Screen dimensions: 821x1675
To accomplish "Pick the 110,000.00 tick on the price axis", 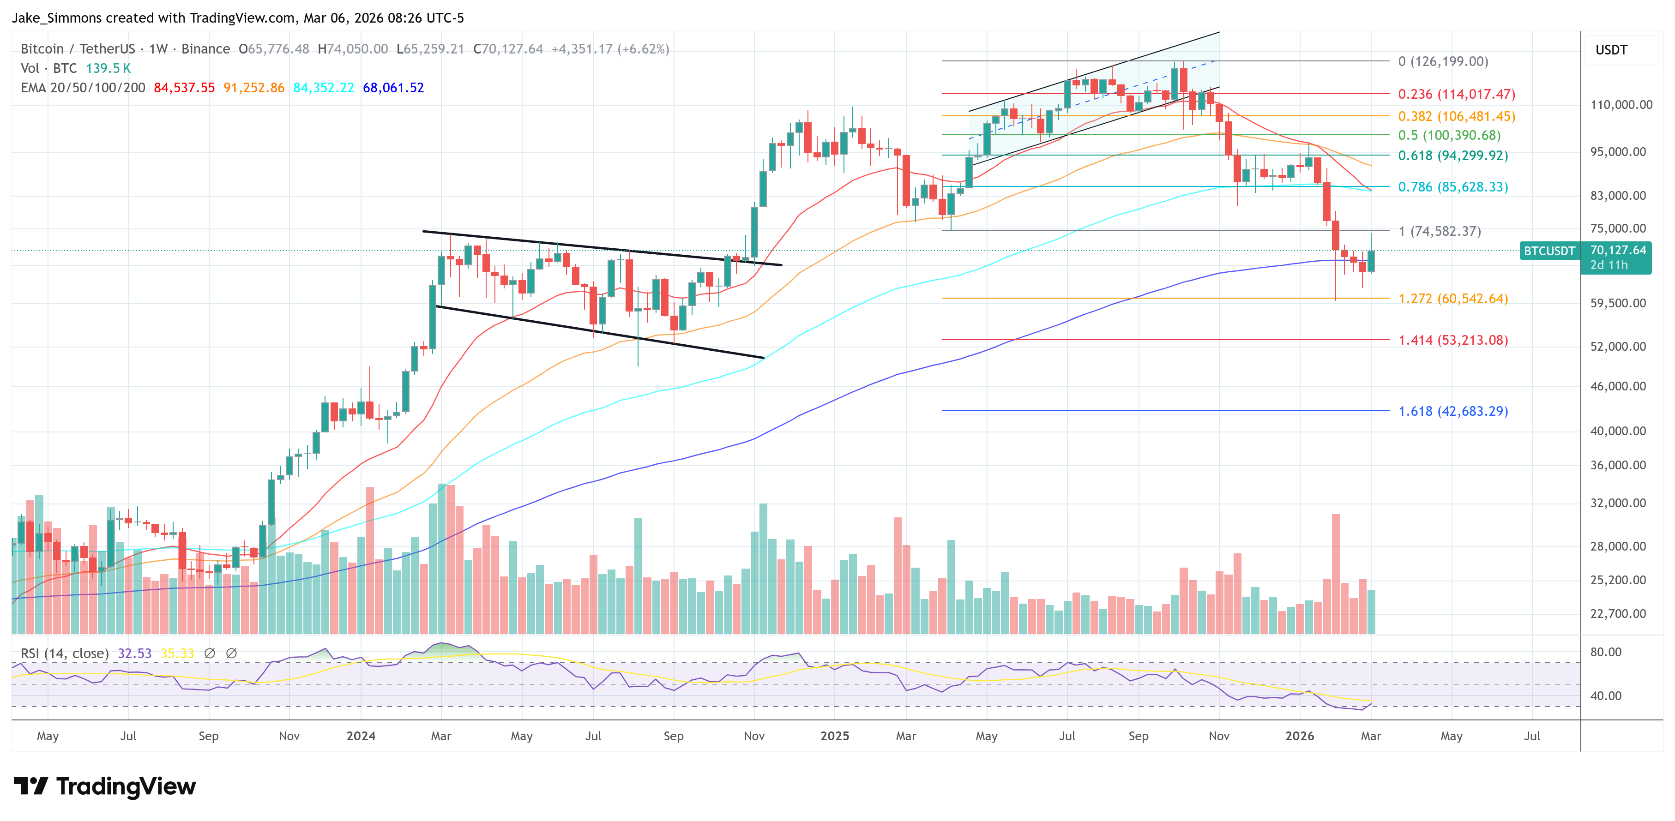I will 1621,105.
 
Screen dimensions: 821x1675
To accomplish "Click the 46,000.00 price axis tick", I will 1618,386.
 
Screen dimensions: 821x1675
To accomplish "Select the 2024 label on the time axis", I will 361,736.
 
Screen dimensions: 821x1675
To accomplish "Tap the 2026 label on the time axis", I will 1299,736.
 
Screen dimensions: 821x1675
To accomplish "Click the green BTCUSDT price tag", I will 1549,251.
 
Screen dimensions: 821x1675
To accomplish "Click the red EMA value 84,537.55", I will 184,88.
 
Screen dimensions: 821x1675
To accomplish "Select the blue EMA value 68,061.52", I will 393,88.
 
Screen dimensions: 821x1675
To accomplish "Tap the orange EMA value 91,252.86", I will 253,88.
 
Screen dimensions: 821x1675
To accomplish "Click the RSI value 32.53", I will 135,653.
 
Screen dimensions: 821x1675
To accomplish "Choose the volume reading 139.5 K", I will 108,68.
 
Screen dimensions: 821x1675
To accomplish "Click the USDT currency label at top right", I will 1611,50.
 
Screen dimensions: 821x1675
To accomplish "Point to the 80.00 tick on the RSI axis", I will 1605,652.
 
